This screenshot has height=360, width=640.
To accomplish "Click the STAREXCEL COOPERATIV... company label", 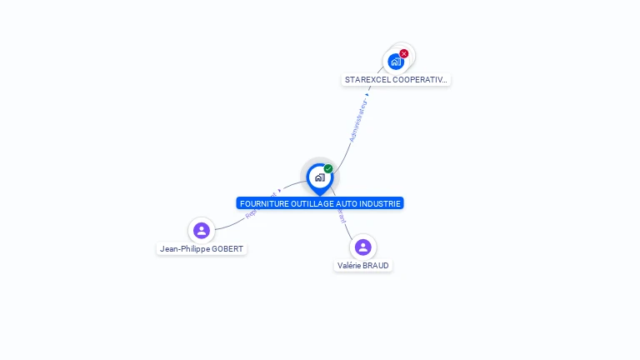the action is (397, 80).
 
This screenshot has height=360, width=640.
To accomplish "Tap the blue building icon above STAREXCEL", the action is (395, 62).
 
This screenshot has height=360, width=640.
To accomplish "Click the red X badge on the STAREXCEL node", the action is (404, 53).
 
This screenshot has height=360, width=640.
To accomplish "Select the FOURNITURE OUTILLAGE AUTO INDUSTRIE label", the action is (320, 203).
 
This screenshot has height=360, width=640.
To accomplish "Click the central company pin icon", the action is (319, 177).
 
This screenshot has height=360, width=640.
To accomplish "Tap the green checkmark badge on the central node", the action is (328, 169).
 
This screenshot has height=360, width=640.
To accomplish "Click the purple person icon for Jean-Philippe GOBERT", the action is (201, 230).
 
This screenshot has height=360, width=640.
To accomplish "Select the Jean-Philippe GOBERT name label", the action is (202, 249).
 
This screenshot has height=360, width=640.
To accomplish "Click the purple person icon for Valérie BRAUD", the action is (362, 247).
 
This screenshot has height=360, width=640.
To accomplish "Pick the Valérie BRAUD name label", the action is (362, 266).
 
